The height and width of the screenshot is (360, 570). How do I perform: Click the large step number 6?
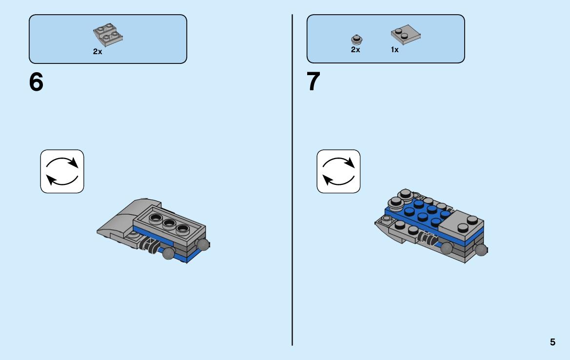36,82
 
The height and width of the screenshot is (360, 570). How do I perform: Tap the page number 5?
552,342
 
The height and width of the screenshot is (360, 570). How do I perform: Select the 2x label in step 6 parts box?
98,52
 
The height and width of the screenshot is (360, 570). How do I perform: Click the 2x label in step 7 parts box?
355,49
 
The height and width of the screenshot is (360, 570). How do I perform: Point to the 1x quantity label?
395,49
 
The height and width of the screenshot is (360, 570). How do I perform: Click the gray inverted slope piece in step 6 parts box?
108,35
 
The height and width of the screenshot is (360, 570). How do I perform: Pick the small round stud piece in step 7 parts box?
357,40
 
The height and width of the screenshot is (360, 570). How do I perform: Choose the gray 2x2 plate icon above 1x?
406,35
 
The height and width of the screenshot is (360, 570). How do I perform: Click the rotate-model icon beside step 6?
62,171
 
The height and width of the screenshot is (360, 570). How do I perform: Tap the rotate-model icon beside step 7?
338,171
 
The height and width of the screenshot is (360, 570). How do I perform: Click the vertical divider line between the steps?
292,180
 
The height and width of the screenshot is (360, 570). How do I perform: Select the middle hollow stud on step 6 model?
169,223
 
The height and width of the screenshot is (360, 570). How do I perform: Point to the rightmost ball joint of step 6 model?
203,244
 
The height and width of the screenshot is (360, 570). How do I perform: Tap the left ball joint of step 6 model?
168,253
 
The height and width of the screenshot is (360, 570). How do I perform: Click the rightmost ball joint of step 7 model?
481,250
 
